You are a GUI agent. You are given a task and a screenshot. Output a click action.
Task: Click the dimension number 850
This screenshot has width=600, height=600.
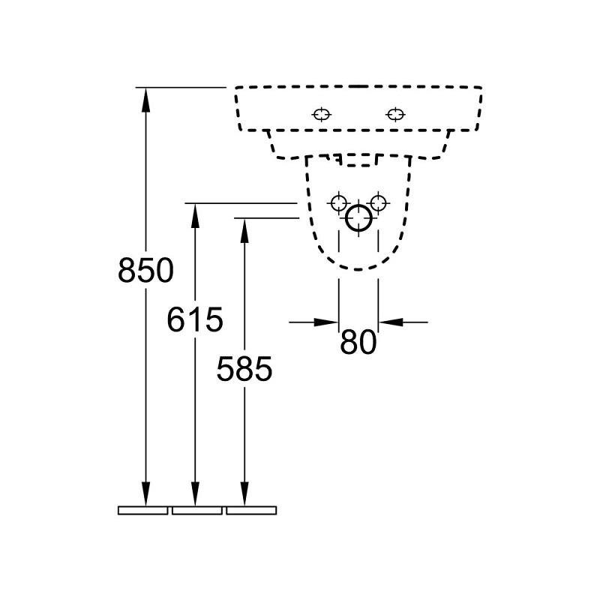[x=145, y=271]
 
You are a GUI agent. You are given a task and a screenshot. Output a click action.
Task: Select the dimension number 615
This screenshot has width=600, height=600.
[x=195, y=319]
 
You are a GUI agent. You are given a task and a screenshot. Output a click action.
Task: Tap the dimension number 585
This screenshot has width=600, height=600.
[x=244, y=369]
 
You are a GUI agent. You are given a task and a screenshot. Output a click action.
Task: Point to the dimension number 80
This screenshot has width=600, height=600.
[x=358, y=342]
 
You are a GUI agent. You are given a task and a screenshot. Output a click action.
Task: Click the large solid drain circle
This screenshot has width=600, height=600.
[x=346, y=218]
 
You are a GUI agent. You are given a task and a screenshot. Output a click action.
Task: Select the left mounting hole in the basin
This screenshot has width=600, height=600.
[x=322, y=114]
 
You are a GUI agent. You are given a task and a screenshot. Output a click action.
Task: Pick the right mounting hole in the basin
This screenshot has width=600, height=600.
[x=396, y=114]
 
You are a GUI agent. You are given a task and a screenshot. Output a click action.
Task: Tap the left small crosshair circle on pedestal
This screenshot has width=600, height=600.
[x=339, y=202]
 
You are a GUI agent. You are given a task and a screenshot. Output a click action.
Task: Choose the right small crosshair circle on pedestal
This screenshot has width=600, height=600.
[x=379, y=202]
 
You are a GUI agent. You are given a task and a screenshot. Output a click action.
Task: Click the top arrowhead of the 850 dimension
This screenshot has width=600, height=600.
[x=145, y=100]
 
